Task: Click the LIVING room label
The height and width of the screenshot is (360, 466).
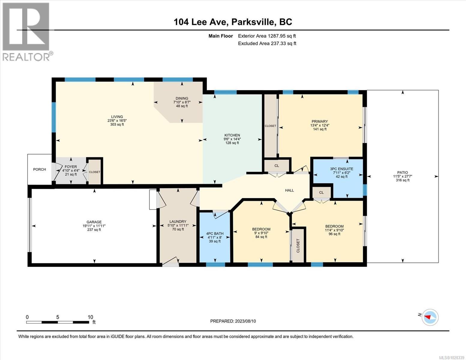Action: [117, 117]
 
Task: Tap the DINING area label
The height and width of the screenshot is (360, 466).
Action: [182, 98]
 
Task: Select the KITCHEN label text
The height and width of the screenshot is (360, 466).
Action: [232, 135]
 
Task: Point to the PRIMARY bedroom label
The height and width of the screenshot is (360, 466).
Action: [320, 121]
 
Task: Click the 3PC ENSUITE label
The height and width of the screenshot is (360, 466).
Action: [341, 169]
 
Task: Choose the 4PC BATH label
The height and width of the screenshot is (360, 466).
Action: [215, 233]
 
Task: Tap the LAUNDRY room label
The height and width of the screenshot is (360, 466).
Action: [178, 222]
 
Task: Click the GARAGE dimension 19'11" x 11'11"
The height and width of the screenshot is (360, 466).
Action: [94, 226]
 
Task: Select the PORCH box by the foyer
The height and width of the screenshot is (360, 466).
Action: [40, 169]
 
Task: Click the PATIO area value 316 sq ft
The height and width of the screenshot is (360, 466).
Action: [402, 180]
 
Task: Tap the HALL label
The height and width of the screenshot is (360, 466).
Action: [289, 190]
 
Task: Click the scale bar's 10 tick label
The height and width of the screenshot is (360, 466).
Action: [90, 317]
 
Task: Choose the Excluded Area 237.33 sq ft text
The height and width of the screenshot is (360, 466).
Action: [267, 43]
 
